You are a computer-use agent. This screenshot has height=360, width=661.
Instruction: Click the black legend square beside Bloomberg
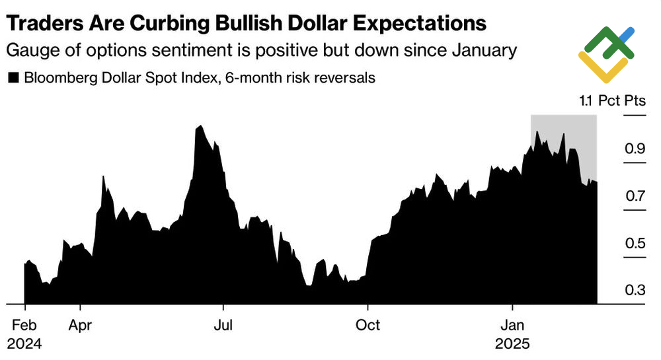pos(13,79)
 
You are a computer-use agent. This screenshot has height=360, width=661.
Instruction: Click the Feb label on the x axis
pos(24,326)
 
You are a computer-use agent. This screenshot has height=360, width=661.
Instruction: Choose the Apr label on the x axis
pos(80,326)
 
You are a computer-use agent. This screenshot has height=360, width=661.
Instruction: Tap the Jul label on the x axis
pos(224,326)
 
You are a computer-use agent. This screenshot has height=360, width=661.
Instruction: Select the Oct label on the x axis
pos(368,326)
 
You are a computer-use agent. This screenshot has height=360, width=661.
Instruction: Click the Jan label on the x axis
pos(512,326)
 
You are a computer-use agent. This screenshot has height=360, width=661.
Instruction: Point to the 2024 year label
pos(25,344)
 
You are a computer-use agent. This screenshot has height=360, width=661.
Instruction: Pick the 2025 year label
pos(514,344)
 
